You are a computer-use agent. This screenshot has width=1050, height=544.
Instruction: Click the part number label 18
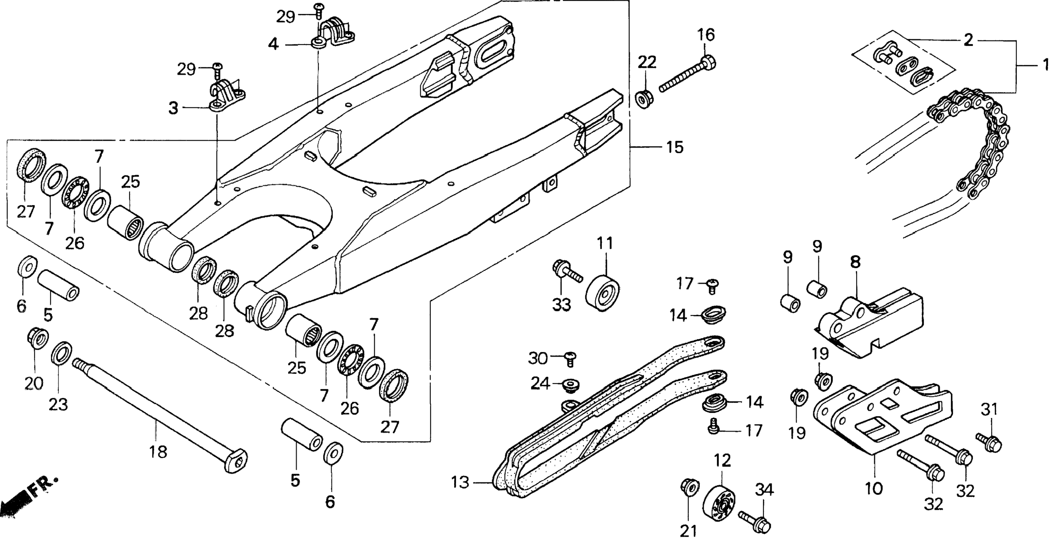[158, 452]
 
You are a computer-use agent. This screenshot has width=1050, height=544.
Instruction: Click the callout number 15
[675, 147]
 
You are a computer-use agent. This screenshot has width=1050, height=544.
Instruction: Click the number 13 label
[461, 482]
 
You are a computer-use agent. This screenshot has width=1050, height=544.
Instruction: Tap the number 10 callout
[874, 488]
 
